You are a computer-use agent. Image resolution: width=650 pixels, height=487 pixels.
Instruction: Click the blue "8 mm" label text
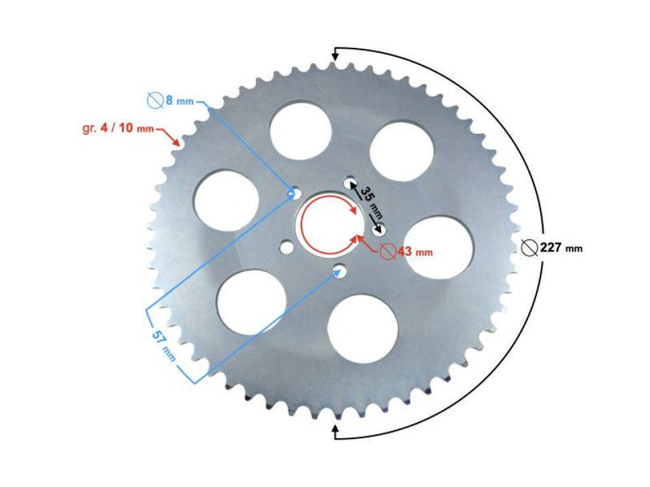[x=179, y=101]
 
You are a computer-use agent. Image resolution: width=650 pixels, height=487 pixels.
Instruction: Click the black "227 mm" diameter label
[x=561, y=248]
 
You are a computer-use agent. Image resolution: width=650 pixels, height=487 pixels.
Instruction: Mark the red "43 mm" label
[x=414, y=252]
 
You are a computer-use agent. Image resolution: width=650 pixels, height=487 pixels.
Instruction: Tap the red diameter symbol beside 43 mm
[x=387, y=252]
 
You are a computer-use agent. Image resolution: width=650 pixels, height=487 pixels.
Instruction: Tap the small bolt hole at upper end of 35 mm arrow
[x=349, y=183]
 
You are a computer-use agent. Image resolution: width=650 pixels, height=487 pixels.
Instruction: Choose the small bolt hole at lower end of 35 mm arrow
[x=381, y=229]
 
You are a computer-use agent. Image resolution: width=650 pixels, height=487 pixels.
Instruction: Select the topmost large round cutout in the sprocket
[x=300, y=131]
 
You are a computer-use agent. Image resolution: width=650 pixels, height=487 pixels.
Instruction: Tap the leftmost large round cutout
[x=226, y=201]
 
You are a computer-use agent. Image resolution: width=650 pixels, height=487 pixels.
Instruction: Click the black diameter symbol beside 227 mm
[x=529, y=248]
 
